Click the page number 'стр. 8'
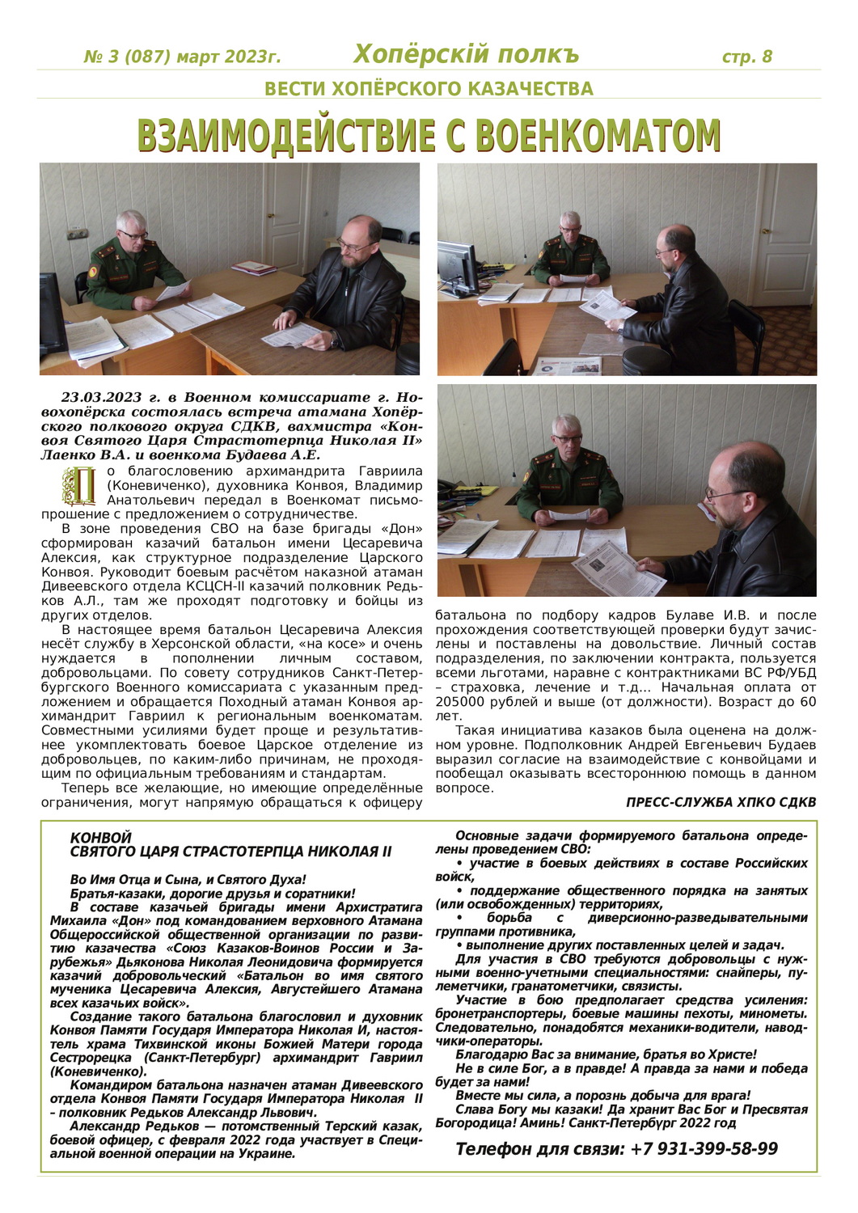tap(746, 57)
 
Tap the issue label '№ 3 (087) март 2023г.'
tap(183, 57)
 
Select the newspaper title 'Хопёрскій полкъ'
tap(466, 54)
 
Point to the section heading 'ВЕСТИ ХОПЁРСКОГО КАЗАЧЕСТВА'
tap(429, 89)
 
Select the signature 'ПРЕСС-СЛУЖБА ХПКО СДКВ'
tap(721, 802)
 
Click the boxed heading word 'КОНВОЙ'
tap(100, 839)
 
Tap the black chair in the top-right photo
tap(742, 332)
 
